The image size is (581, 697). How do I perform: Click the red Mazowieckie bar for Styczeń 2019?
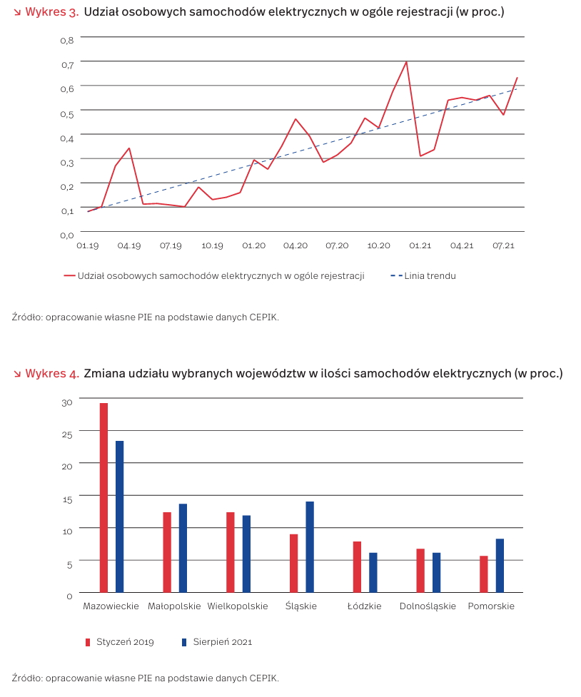[x=103, y=497]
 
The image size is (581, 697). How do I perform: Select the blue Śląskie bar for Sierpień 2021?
[x=310, y=546]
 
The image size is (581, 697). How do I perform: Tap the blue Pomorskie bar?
[x=500, y=565]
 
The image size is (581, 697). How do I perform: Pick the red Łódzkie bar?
[x=357, y=566]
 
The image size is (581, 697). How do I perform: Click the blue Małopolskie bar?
[x=183, y=548]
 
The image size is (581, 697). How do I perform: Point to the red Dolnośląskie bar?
[x=420, y=570]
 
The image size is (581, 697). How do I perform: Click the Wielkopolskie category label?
[x=238, y=606]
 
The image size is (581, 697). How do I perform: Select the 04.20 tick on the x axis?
[x=295, y=245]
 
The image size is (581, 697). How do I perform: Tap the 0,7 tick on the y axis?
[x=67, y=65]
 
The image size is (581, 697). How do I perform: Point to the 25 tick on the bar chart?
[x=67, y=434]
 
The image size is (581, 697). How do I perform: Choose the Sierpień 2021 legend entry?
[x=222, y=642]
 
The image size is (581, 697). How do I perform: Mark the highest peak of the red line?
[x=406, y=61]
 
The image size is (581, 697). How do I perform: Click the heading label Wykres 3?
[x=51, y=12]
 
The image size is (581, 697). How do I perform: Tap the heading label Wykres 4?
[x=51, y=373]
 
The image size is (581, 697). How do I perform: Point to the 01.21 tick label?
[x=420, y=245]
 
